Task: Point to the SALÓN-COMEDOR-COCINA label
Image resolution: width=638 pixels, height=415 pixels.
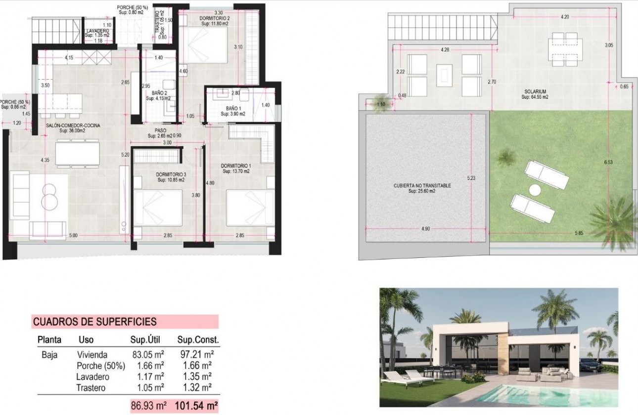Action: [73, 125]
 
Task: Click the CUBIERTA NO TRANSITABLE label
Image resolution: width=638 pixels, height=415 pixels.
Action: [422, 186]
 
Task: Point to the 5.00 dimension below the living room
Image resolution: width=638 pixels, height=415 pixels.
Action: [73, 236]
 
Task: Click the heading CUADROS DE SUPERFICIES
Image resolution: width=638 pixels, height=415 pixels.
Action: [94, 322]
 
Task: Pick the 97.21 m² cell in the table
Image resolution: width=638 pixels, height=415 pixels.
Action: [195, 355]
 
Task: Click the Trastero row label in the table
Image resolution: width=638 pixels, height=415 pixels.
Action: [91, 388]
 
